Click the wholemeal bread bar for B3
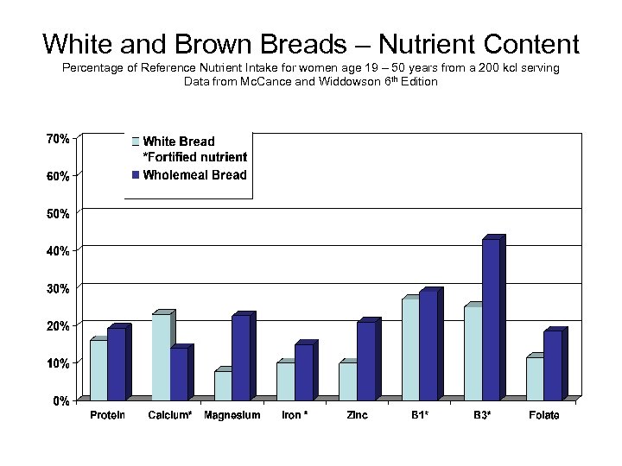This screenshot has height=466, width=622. pyautogui.click(x=491, y=319)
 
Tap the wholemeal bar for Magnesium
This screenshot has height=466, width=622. pyautogui.click(x=241, y=357)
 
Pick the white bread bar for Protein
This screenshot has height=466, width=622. pyautogui.click(x=98, y=370)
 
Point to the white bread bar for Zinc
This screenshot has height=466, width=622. pyautogui.click(x=347, y=381)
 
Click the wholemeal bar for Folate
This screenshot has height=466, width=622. pyautogui.click(x=553, y=366)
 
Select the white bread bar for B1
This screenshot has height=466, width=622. pyautogui.click(x=410, y=349)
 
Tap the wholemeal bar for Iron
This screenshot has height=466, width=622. pyautogui.click(x=304, y=373)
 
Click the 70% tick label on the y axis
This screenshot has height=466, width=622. pyautogui.click(x=59, y=137)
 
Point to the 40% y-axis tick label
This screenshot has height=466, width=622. pyautogui.click(x=59, y=250)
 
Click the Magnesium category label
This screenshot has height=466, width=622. pyautogui.click(x=232, y=416)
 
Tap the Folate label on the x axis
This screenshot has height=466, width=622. pyautogui.click(x=543, y=416)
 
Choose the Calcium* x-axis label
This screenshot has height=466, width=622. pyautogui.click(x=170, y=416)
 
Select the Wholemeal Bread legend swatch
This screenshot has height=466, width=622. pyautogui.click(x=135, y=175)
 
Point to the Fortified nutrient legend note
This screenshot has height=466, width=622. pyautogui.click(x=194, y=157)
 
